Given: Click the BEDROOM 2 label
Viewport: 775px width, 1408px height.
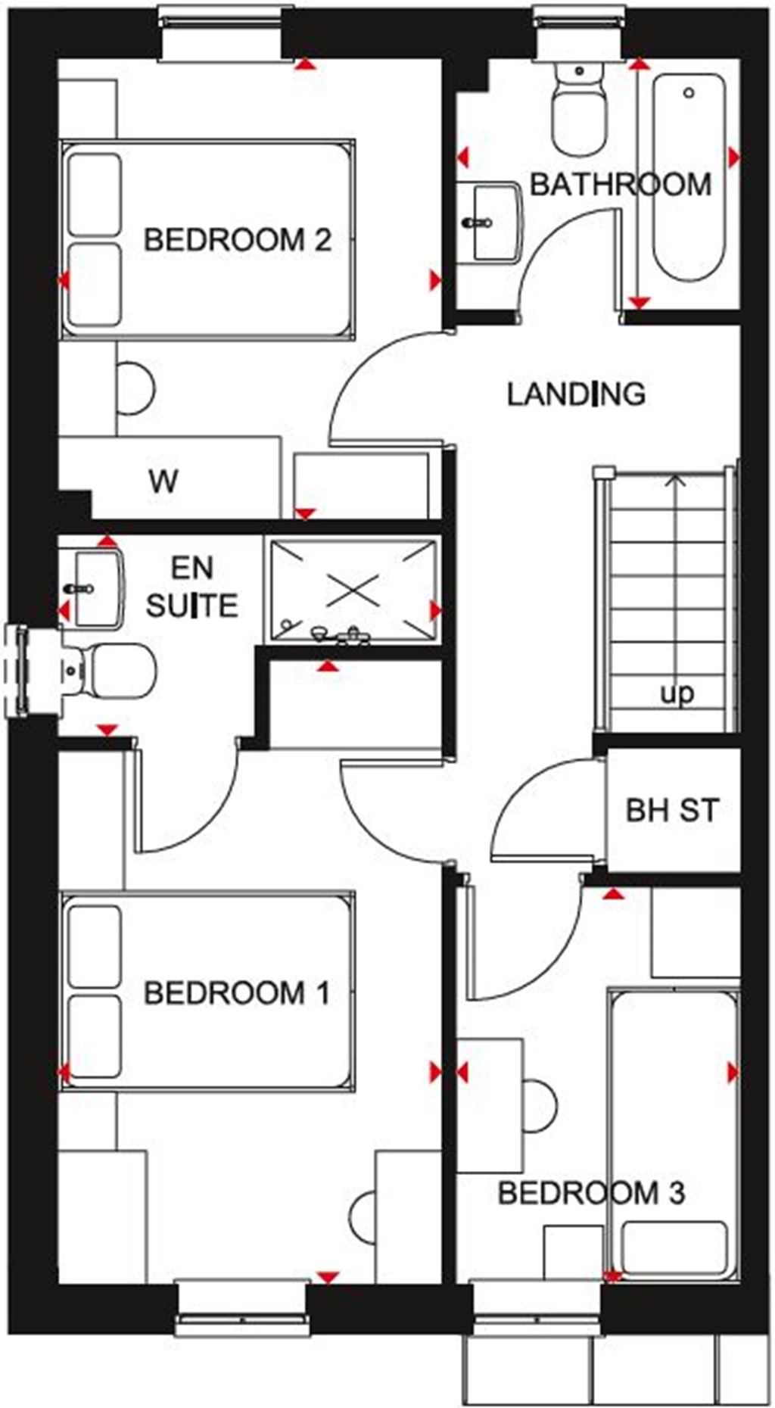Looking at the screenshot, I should coord(238,240).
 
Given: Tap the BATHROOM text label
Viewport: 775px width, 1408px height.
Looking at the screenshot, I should coord(620,185).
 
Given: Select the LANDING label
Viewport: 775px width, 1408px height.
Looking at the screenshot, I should coord(576,394).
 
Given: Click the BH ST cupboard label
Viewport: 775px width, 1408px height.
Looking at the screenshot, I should coord(672,810).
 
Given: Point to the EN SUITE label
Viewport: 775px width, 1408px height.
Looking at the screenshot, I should coord(191,587).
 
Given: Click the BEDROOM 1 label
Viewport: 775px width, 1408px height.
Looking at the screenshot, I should coord(237,992).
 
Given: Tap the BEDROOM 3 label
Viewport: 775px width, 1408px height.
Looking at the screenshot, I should coord(591,1193).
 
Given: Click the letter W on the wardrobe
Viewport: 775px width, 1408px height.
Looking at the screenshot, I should coord(163,481).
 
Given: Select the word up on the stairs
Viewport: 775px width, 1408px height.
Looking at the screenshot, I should coord(677,693).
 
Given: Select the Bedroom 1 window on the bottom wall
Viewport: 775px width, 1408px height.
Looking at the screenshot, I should coord(242,1310).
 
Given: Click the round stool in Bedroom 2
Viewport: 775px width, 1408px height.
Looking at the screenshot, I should coord(138,388).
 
